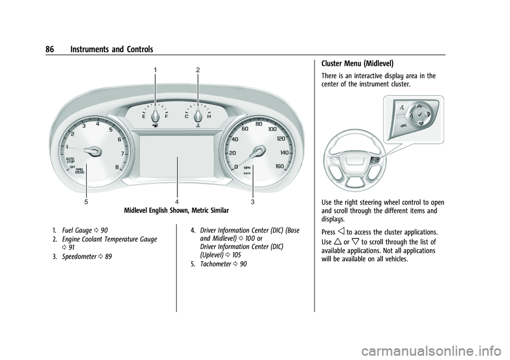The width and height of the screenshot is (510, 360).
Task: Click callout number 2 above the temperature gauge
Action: (x=198, y=70)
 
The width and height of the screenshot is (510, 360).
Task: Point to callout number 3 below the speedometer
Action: (x=253, y=202)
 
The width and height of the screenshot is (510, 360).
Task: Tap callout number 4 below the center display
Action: (x=177, y=202)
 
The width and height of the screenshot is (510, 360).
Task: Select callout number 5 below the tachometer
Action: (x=85, y=202)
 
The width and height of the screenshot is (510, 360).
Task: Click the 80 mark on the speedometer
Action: (x=259, y=124)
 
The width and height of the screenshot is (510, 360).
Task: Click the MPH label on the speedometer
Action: (x=247, y=167)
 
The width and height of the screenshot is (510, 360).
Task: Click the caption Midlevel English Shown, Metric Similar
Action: (x=176, y=211)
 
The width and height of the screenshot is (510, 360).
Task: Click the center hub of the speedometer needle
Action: (x=259, y=151)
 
